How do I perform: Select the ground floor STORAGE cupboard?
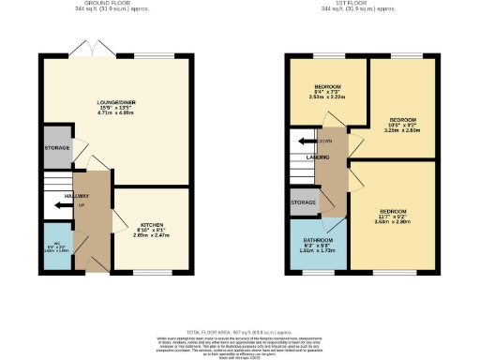click(x=57, y=148)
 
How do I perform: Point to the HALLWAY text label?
click(x=64, y=196)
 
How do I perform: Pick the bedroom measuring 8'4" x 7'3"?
click(x=327, y=94)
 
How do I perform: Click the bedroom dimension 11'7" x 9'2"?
click(x=393, y=218)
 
